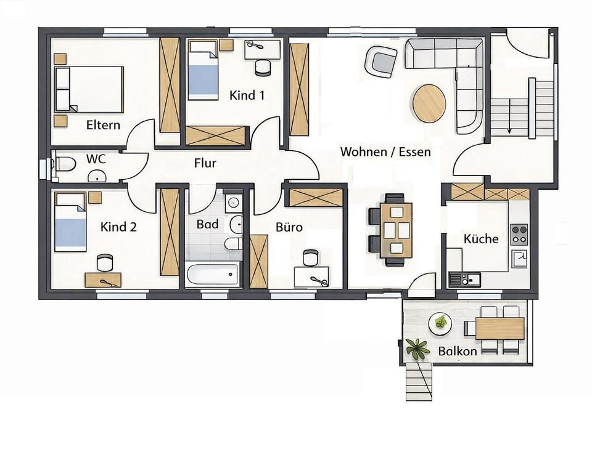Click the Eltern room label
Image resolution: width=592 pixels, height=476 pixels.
pyautogui.click(x=103, y=125)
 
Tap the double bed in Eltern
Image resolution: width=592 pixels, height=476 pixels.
pyautogui.click(x=89, y=90)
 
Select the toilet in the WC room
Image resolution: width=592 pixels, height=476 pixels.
pyautogui.click(x=64, y=164)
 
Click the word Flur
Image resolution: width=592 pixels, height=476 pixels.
pyautogui.click(x=205, y=163)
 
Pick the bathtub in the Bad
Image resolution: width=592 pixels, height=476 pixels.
pyautogui.click(x=212, y=275)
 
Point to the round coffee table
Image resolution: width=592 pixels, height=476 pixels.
pyautogui.click(x=429, y=103)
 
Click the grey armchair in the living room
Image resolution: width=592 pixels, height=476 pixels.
pyautogui.click(x=380, y=62)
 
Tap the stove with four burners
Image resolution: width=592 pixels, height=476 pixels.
pyautogui.click(x=519, y=234)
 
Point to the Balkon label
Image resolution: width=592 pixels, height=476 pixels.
pyautogui.click(x=458, y=351)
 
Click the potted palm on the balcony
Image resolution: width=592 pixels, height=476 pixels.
pyautogui.click(x=419, y=349)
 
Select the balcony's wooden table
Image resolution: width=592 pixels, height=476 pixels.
pyautogui.click(x=499, y=328)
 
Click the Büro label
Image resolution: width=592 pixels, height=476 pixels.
pyautogui.click(x=289, y=227)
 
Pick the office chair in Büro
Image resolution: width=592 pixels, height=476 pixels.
pyautogui.click(x=311, y=257)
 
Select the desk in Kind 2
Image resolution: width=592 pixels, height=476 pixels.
pyautogui.click(x=103, y=280)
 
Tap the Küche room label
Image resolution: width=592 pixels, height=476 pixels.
pyautogui.click(x=480, y=238)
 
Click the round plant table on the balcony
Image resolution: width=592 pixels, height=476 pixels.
pyautogui.click(x=440, y=323)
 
